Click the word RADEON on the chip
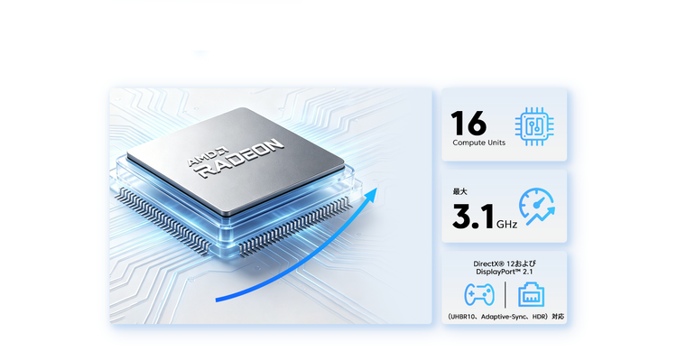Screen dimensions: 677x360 [241, 159]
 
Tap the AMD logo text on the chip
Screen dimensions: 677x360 [208, 157]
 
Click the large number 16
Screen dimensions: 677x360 [468, 123]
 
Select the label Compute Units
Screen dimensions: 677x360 [478, 143]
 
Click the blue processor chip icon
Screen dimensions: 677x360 [534, 126]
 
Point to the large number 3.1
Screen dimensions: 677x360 [473, 217]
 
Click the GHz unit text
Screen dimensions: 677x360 [507, 224]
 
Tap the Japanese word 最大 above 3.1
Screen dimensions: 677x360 [459, 191]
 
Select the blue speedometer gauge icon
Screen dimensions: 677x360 [537, 207]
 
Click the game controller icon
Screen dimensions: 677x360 [479, 294]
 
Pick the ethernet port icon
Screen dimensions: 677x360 [531, 294]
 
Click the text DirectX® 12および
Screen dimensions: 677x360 [505, 263]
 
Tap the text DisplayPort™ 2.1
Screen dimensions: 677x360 [505, 272]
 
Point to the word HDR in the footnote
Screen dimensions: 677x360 [539, 317]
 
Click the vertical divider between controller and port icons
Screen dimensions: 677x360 [505, 295]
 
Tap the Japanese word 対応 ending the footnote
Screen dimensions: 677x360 [558, 317]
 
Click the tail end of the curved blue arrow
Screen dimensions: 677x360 [217, 300]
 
